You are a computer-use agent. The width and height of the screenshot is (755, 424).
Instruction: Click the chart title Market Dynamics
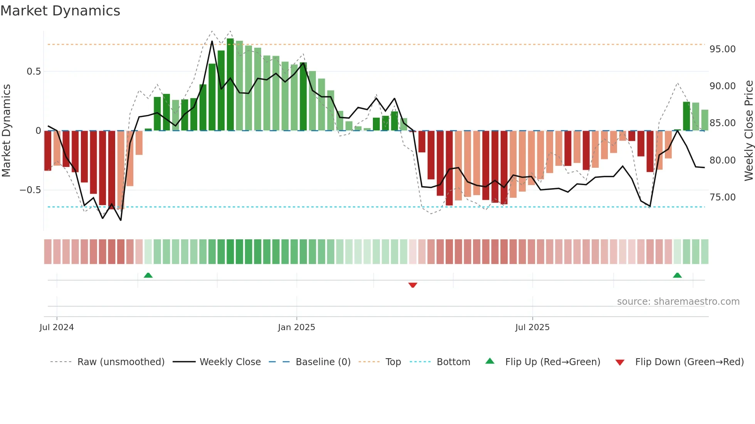(x=60, y=11)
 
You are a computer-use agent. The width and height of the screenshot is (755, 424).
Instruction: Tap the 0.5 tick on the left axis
(x=34, y=72)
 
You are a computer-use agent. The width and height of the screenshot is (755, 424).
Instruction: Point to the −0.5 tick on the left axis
(x=30, y=190)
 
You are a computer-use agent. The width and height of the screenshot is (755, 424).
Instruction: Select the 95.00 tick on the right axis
(x=722, y=49)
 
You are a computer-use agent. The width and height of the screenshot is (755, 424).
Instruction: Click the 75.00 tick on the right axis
(x=722, y=197)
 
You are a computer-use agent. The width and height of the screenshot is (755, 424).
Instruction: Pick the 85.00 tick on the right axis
(x=722, y=123)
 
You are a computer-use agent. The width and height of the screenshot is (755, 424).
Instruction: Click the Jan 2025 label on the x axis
(x=296, y=327)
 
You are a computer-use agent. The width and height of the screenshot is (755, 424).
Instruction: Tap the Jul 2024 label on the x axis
(x=57, y=327)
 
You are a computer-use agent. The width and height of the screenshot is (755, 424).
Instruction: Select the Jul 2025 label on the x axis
(x=532, y=327)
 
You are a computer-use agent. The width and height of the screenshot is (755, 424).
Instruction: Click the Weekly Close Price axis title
(x=748, y=130)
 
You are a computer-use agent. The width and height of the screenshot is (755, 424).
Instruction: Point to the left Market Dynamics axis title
(x=7, y=130)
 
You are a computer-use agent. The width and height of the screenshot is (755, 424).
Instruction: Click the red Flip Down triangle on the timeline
(x=413, y=285)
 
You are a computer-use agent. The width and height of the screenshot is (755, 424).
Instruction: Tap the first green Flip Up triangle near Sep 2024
(x=148, y=275)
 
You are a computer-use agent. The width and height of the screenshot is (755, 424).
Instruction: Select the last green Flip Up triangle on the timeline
(x=677, y=275)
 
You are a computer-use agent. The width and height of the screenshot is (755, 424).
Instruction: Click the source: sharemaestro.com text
(x=678, y=302)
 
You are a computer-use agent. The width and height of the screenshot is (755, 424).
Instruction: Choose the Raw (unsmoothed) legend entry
(x=121, y=362)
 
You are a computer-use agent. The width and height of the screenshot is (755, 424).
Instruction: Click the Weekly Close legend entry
(x=230, y=362)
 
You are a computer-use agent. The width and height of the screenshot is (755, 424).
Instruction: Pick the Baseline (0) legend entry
(x=323, y=362)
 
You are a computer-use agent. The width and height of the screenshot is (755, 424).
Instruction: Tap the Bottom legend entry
(x=453, y=362)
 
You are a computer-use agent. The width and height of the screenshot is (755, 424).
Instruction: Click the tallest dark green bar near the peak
(x=230, y=85)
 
